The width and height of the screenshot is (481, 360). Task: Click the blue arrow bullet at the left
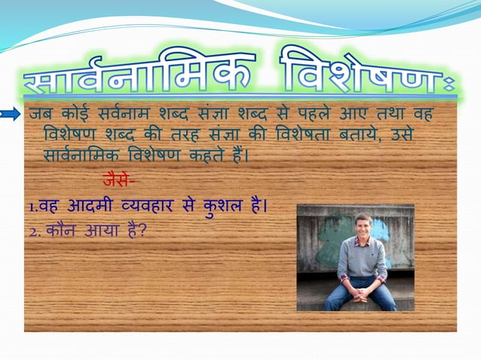click(11, 114)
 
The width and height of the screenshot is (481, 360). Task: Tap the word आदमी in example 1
click(97, 206)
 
